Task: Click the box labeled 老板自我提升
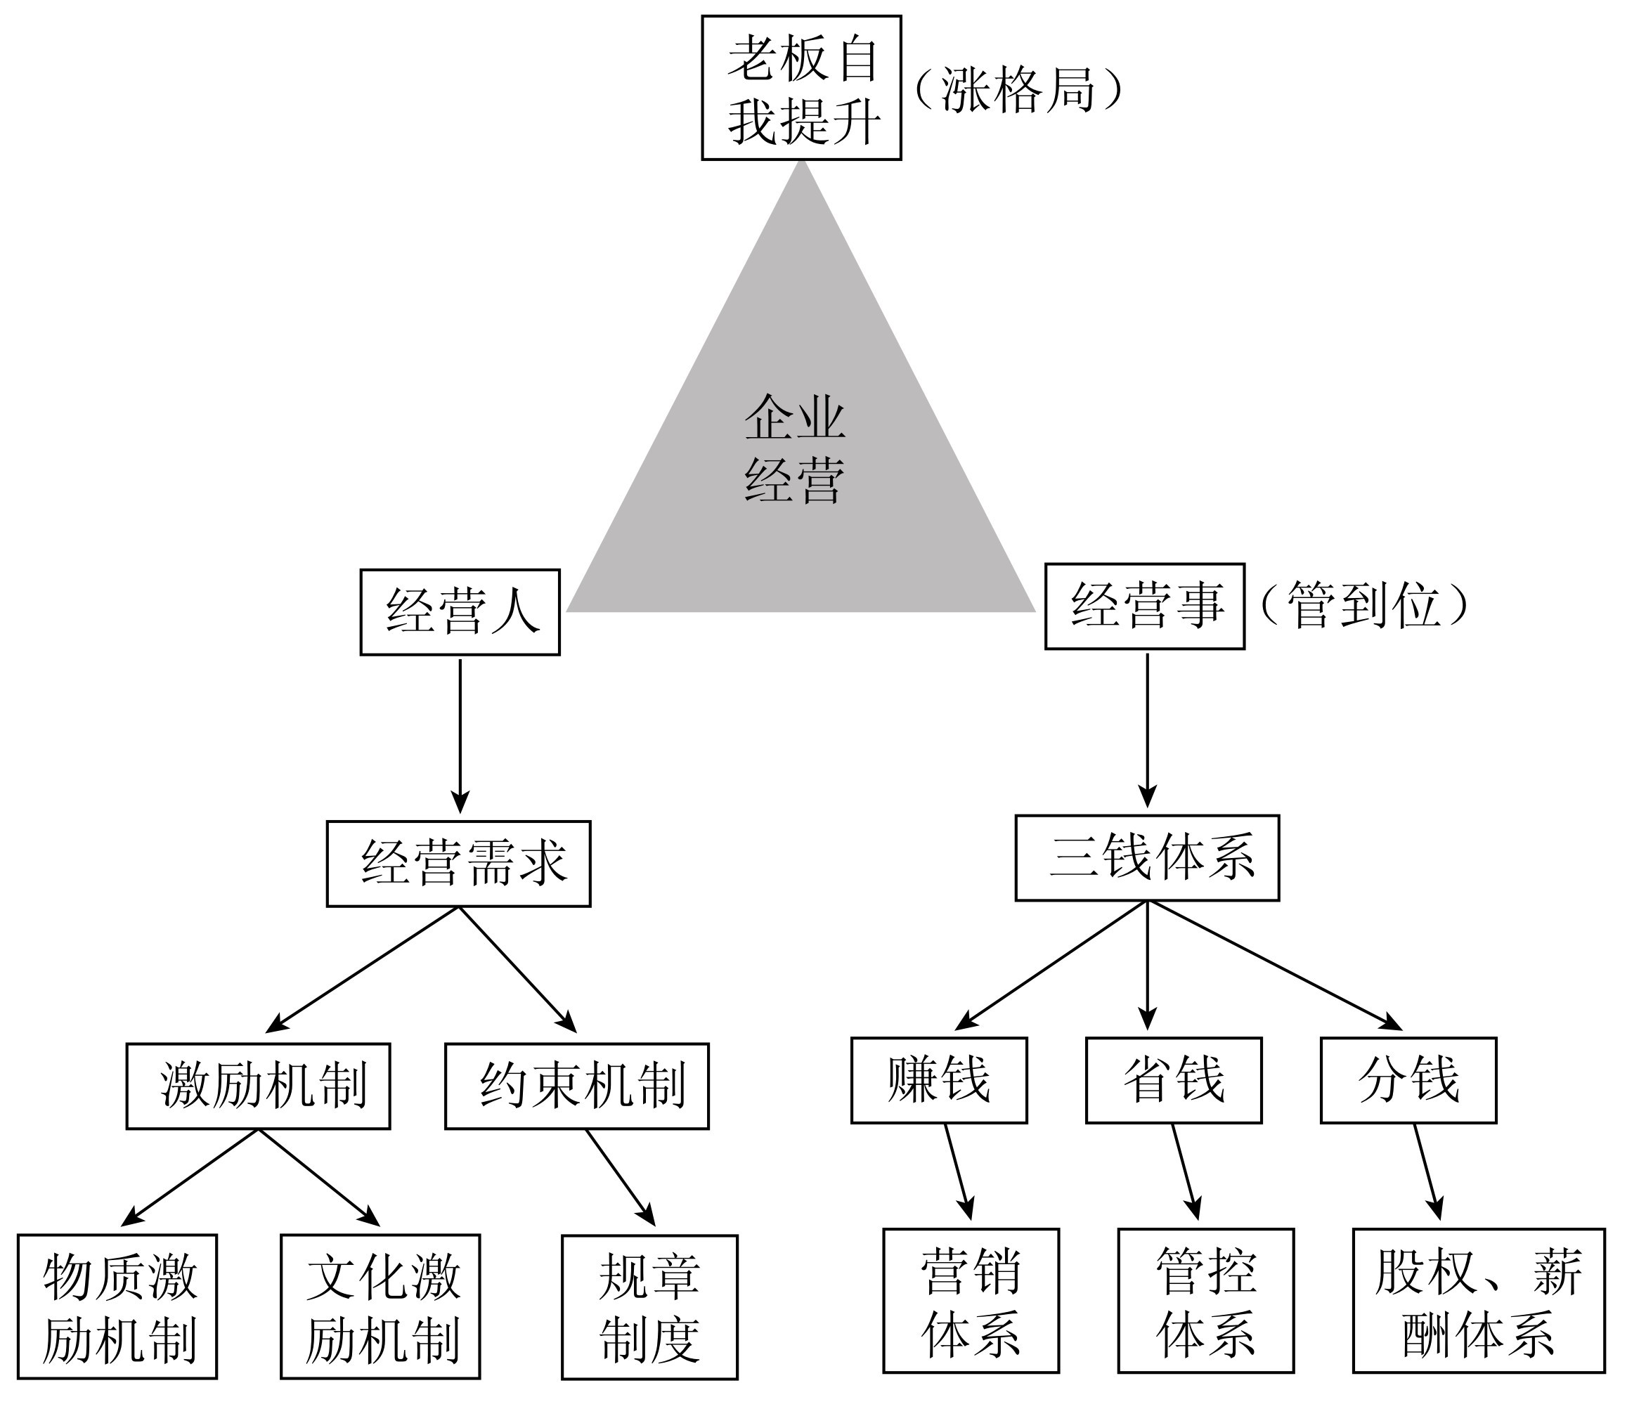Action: [x=801, y=88]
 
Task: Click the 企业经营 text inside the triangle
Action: [x=794, y=449]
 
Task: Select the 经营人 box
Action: [x=460, y=611]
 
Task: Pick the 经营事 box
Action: [x=1144, y=606]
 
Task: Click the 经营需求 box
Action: [x=458, y=864]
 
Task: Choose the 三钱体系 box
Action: [x=1147, y=858]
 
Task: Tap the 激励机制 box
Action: [x=258, y=1086]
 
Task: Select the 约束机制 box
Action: [x=577, y=1086]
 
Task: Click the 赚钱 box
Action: [x=938, y=1080]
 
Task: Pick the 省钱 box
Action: [x=1173, y=1080]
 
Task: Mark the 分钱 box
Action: [x=1408, y=1080]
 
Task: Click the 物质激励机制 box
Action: [x=117, y=1306]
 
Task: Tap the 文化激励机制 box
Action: [x=380, y=1306]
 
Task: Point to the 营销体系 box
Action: [x=971, y=1301]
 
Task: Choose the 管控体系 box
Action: [x=1206, y=1301]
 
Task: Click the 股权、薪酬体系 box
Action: [x=1479, y=1301]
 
